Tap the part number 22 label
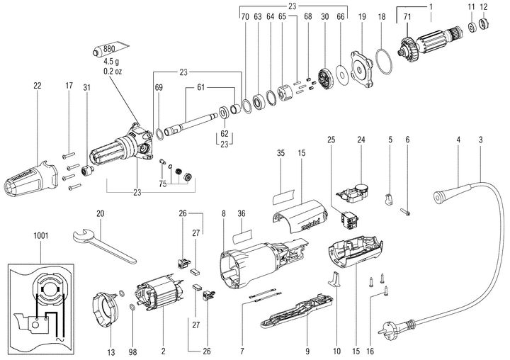click(37, 86)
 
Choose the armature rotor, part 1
click(429, 48)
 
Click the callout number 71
click(407, 16)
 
